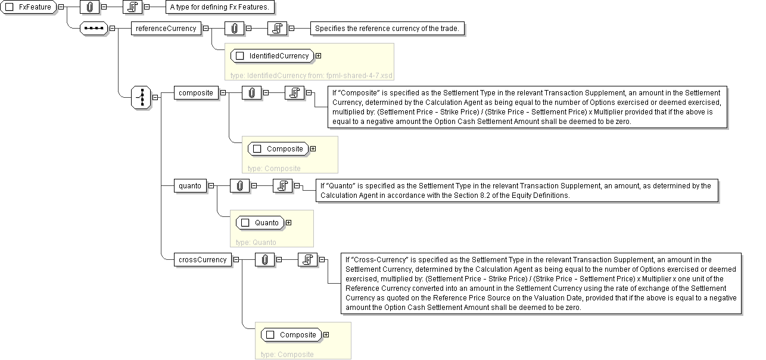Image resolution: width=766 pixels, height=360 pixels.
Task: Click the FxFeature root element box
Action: click(x=30, y=7)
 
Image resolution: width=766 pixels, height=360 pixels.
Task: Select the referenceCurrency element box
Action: click(x=166, y=28)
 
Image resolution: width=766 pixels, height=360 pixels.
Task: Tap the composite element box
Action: click(x=196, y=92)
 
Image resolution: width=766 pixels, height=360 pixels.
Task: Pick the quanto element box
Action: click(x=190, y=185)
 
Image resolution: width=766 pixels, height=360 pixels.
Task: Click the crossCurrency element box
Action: click(x=203, y=259)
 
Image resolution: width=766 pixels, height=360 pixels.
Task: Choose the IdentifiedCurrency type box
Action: click(x=272, y=55)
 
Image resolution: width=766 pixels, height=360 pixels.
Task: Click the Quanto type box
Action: click(x=260, y=222)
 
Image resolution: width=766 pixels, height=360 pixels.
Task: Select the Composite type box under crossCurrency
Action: click(x=292, y=334)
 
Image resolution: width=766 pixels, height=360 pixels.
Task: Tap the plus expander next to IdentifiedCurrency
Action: click(x=318, y=55)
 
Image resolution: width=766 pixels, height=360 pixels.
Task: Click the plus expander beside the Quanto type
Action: click(x=289, y=222)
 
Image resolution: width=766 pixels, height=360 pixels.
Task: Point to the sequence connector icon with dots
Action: click(x=94, y=28)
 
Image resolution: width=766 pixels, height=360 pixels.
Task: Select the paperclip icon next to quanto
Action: click(x=239, y=185)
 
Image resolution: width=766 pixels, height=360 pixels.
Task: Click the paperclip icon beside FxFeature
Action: click(x=90, y=7)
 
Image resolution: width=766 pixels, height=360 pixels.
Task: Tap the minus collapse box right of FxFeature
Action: click(x=61, y=7)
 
